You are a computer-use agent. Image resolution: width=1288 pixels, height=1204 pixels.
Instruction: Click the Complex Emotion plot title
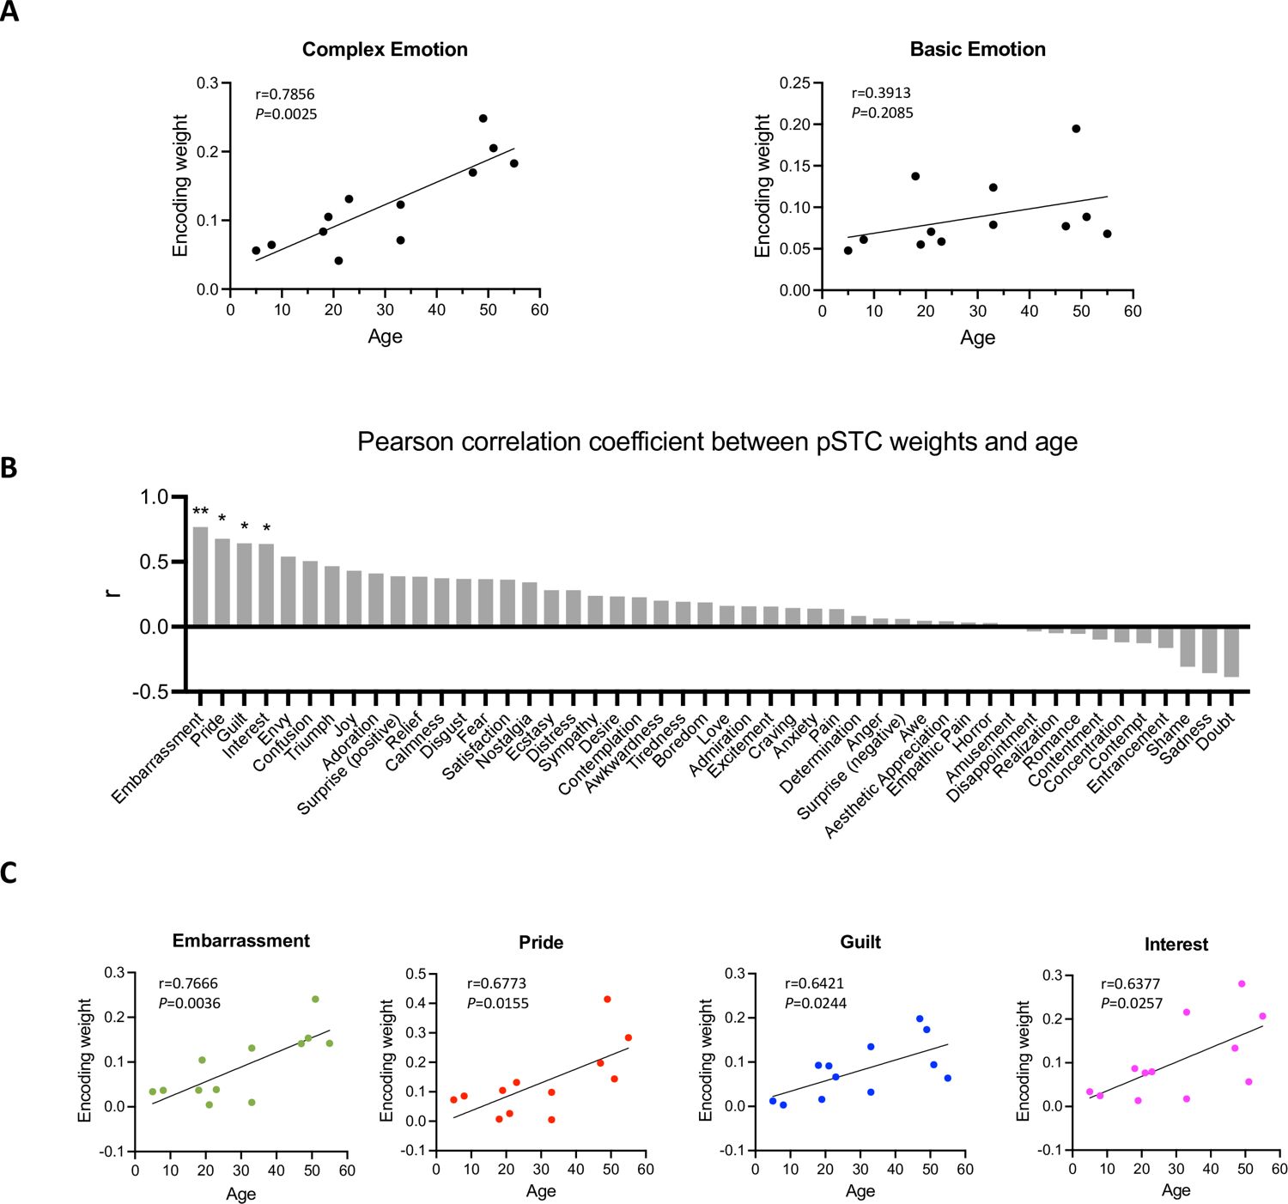pyautogui.click(x=385, y=50)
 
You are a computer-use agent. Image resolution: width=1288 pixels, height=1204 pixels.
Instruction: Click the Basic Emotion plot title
pyautogui.click(x=977, y=50)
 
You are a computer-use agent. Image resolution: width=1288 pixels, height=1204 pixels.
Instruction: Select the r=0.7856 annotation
pyautogui.click(x=285, y=94)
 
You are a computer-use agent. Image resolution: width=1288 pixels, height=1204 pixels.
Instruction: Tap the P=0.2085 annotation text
pyautogui.click(x=882, y=113)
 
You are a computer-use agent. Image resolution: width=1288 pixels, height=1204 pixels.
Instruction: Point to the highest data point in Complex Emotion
pyautogui.click(x=483, y=119)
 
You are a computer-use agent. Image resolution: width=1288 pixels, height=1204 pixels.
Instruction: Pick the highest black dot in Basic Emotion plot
pyautogui.click(x=1076, y=129)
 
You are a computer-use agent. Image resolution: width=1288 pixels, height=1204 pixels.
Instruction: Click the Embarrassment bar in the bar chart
pyautogui.click(x=200, y=575)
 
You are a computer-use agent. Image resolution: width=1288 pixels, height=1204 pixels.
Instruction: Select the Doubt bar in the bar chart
pyautogui.click(x=1231, y=652)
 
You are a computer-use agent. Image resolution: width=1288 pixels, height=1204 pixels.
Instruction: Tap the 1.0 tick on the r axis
pyautogui.click(x=155, y=497)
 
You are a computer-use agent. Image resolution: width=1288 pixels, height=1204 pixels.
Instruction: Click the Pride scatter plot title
pyautogui.click(x=541, y=943)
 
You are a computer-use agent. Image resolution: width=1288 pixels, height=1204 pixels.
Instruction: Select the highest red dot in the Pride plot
pyautogui.click(x=607, y=999)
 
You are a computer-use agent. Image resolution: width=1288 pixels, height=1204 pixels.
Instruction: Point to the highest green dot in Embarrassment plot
pyautogui.click(x=315, y=999)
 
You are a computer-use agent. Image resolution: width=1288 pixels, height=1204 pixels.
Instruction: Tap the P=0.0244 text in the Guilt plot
pyautogui.click(x=816, y=1003)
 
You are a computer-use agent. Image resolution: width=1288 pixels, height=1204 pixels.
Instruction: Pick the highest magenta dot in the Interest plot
pyautogui.click(x=1242, y=984)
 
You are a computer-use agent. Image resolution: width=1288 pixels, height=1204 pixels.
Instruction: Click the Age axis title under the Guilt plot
pyautogui.click(x=860, y=1191)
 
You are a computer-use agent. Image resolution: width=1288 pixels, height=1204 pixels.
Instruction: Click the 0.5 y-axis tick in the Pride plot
pyautogui.click(x=416, y=974)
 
